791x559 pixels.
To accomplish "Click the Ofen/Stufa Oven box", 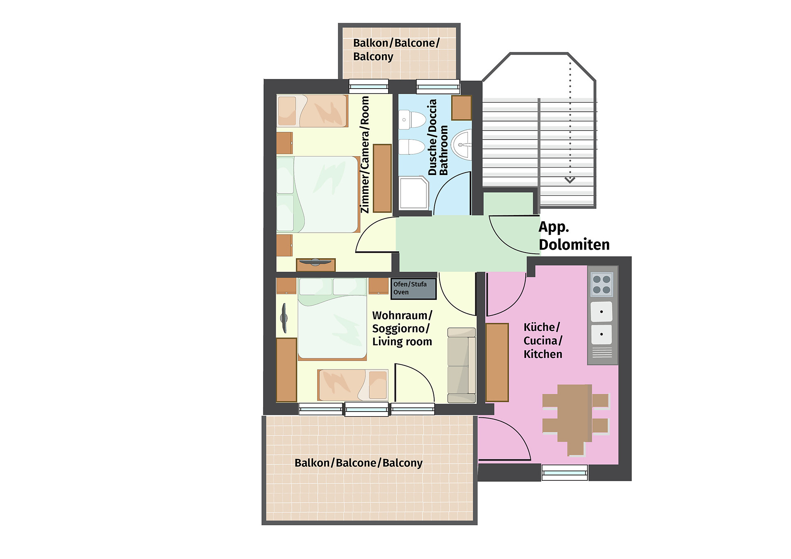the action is click(413, 288).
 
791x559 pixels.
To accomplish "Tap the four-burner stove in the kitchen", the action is click(601, 284).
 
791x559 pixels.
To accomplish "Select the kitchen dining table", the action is click(575, 413).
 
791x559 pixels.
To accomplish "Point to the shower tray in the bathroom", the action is click(414, 193).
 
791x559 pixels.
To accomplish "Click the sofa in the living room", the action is click(461, 365).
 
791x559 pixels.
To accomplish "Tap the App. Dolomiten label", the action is click(574, 236).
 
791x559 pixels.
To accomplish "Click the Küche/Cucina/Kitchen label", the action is click(543, 341).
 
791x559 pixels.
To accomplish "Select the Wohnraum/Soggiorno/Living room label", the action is click(402, 329).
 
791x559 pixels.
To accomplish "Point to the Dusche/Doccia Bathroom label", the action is click(438, 138).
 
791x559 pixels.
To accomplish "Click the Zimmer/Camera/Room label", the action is click(365, 154).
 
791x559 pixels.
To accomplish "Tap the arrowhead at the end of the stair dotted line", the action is click(570, 180).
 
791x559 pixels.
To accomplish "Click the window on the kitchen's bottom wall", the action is click(565, 472).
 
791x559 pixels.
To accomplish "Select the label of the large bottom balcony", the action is click(358, 463).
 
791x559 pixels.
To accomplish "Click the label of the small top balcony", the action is click(396, 49).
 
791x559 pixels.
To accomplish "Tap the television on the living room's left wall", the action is click(284, 318).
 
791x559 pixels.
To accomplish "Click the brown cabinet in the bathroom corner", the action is click(461, 108).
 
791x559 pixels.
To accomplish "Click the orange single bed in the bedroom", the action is click(312, 111).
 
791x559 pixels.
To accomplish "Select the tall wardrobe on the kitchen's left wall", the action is click(497, 363).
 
